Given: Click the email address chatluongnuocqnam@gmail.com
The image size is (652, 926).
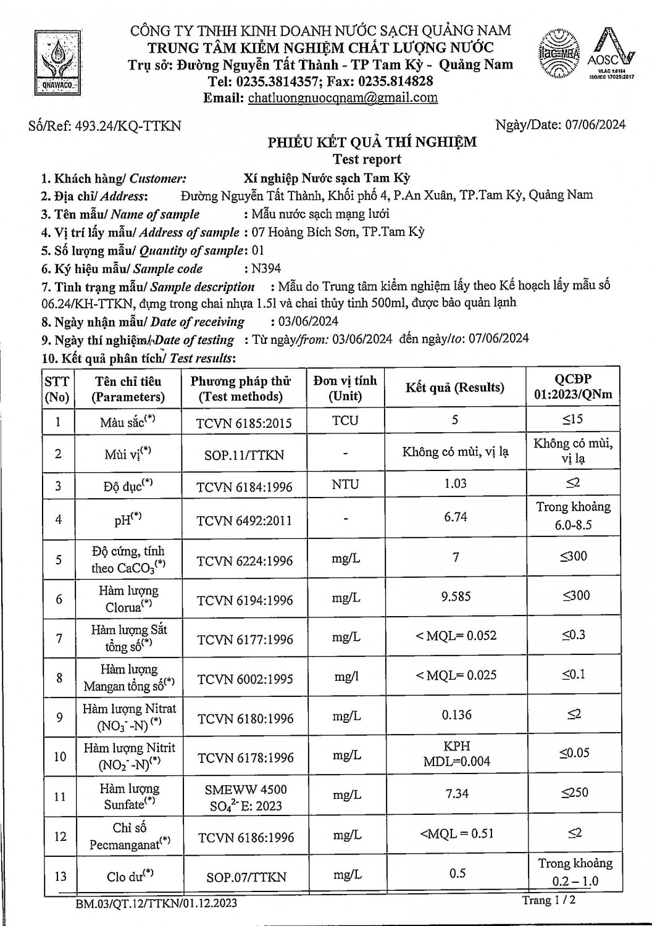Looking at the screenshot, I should point(343,98).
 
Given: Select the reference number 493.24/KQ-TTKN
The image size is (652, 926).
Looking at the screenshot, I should point(127,126).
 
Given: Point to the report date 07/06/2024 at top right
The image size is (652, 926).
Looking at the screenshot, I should point(595,125).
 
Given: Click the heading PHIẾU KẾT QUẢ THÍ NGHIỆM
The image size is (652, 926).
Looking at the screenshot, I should point(372,143).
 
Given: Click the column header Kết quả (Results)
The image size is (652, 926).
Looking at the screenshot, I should point(455,388).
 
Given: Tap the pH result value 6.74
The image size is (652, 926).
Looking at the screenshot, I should point(456,517).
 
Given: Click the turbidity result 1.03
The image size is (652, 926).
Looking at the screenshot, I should point(456,483).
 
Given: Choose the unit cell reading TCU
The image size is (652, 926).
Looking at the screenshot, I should point(345,420).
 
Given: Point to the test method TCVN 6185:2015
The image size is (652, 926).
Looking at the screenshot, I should point(244,423).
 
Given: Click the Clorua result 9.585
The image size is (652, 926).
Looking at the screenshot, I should point(456,596).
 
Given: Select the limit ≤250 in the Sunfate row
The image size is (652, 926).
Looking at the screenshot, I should point(574,792).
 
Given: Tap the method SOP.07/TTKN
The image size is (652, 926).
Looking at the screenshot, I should point(244,877).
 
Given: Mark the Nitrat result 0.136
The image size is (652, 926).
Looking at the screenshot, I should point(456,715).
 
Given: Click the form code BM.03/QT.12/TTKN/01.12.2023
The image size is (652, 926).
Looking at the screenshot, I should point(156,904).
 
